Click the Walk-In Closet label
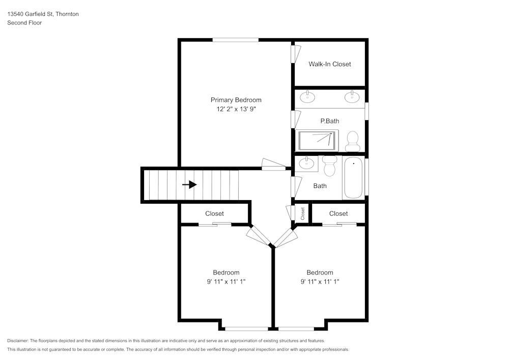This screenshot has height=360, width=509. (329, 64)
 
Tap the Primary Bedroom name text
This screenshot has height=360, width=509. (236, 100)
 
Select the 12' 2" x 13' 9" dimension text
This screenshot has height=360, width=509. (236, 109)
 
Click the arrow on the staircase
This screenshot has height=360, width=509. (190, 184)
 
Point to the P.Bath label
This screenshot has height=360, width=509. (329, 121)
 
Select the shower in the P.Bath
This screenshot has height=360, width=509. (318, 141)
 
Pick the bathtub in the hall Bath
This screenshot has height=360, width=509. (353, 178)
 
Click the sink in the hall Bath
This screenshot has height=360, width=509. (306, 163)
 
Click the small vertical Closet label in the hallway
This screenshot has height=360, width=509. (303, 213)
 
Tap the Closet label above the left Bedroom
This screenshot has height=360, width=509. (214, 213)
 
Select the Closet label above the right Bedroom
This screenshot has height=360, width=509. (338, 213)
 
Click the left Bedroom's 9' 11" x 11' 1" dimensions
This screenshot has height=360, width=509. (226, 281)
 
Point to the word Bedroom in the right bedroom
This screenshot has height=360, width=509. (320, 272)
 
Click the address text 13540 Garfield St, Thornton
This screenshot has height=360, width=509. (43, 14)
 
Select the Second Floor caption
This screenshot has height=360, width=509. (24, 23)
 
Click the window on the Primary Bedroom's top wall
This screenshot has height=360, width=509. (236, 40)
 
